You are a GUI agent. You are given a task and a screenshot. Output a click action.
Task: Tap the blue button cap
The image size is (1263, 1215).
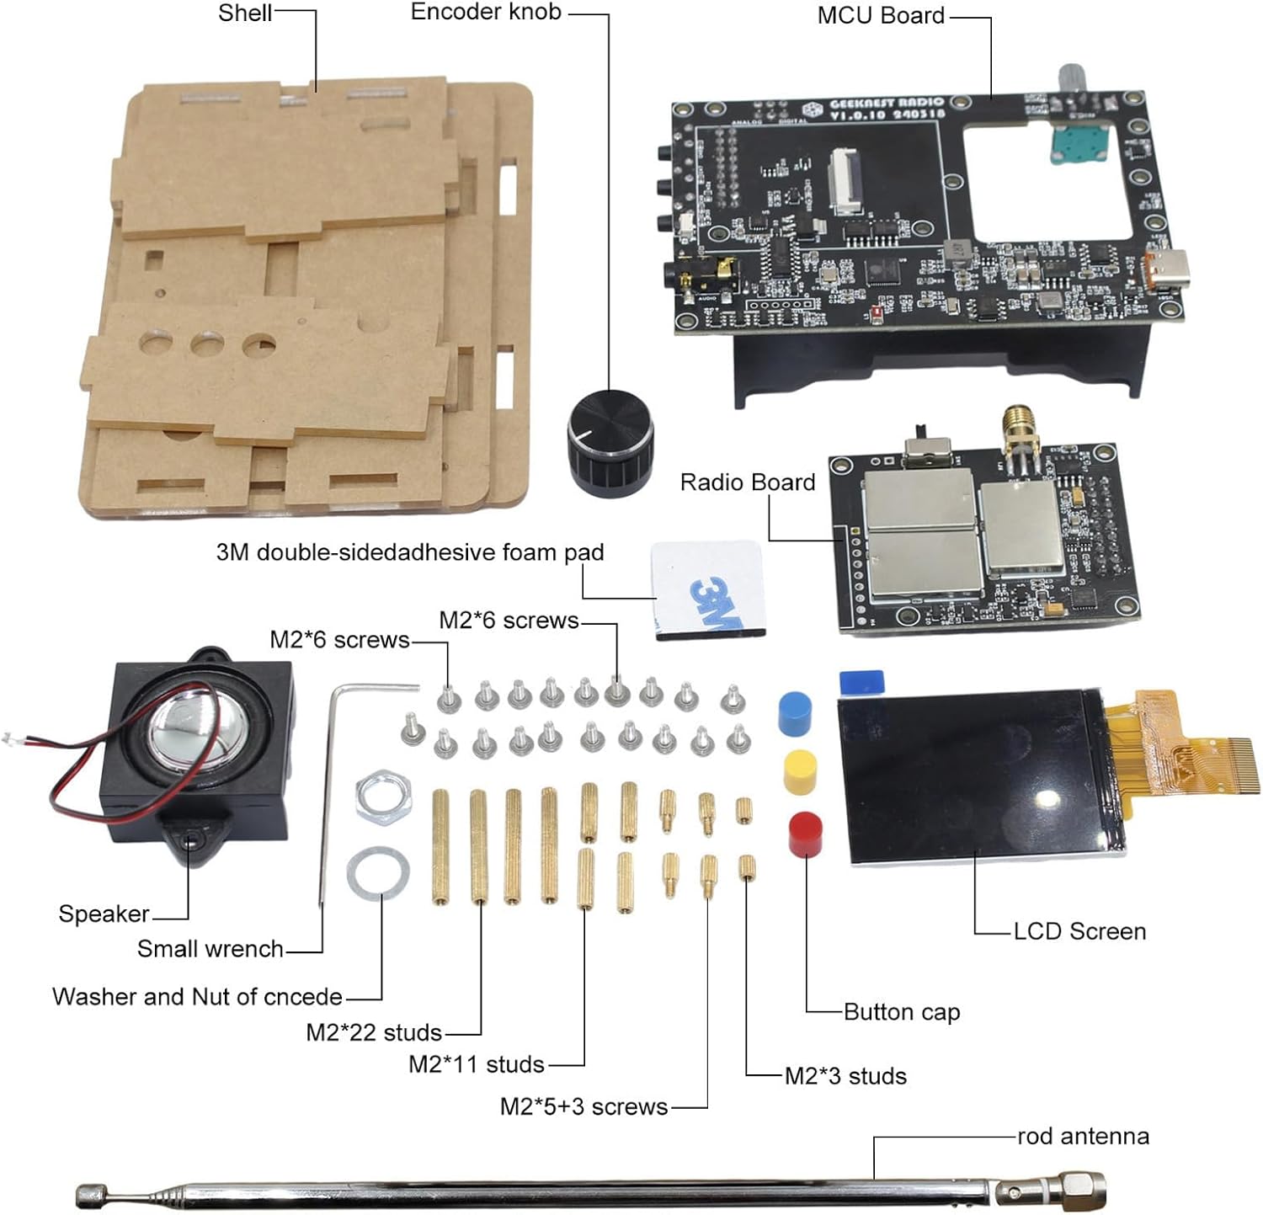[795, 712]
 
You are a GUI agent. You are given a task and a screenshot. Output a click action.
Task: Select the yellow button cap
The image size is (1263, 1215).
[800, 771]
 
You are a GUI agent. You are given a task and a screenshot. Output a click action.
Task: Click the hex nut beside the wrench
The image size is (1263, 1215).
[383, 796]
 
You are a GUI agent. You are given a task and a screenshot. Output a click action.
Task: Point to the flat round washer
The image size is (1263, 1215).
[378, 872]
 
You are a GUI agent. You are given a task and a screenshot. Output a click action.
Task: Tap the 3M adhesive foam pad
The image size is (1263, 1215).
[708, 589]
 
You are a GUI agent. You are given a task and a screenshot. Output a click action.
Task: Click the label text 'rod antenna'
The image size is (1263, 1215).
[1083, 1136]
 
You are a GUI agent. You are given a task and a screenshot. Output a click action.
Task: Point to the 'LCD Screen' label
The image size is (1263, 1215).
[1079, 931]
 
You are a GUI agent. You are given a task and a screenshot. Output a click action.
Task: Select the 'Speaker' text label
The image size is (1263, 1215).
[104, 914]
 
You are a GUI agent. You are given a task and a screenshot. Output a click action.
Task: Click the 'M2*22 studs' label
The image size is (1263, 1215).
[374, 1032]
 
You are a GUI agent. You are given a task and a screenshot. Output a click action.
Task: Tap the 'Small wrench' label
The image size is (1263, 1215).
[210, 949]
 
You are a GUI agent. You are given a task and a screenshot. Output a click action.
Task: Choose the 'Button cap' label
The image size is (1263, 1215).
[902, 1011]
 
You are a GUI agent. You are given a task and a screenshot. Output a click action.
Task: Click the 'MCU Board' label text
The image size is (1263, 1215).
[881, 15]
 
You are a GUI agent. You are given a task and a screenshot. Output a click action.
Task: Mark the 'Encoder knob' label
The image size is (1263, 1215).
[486, 12]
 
